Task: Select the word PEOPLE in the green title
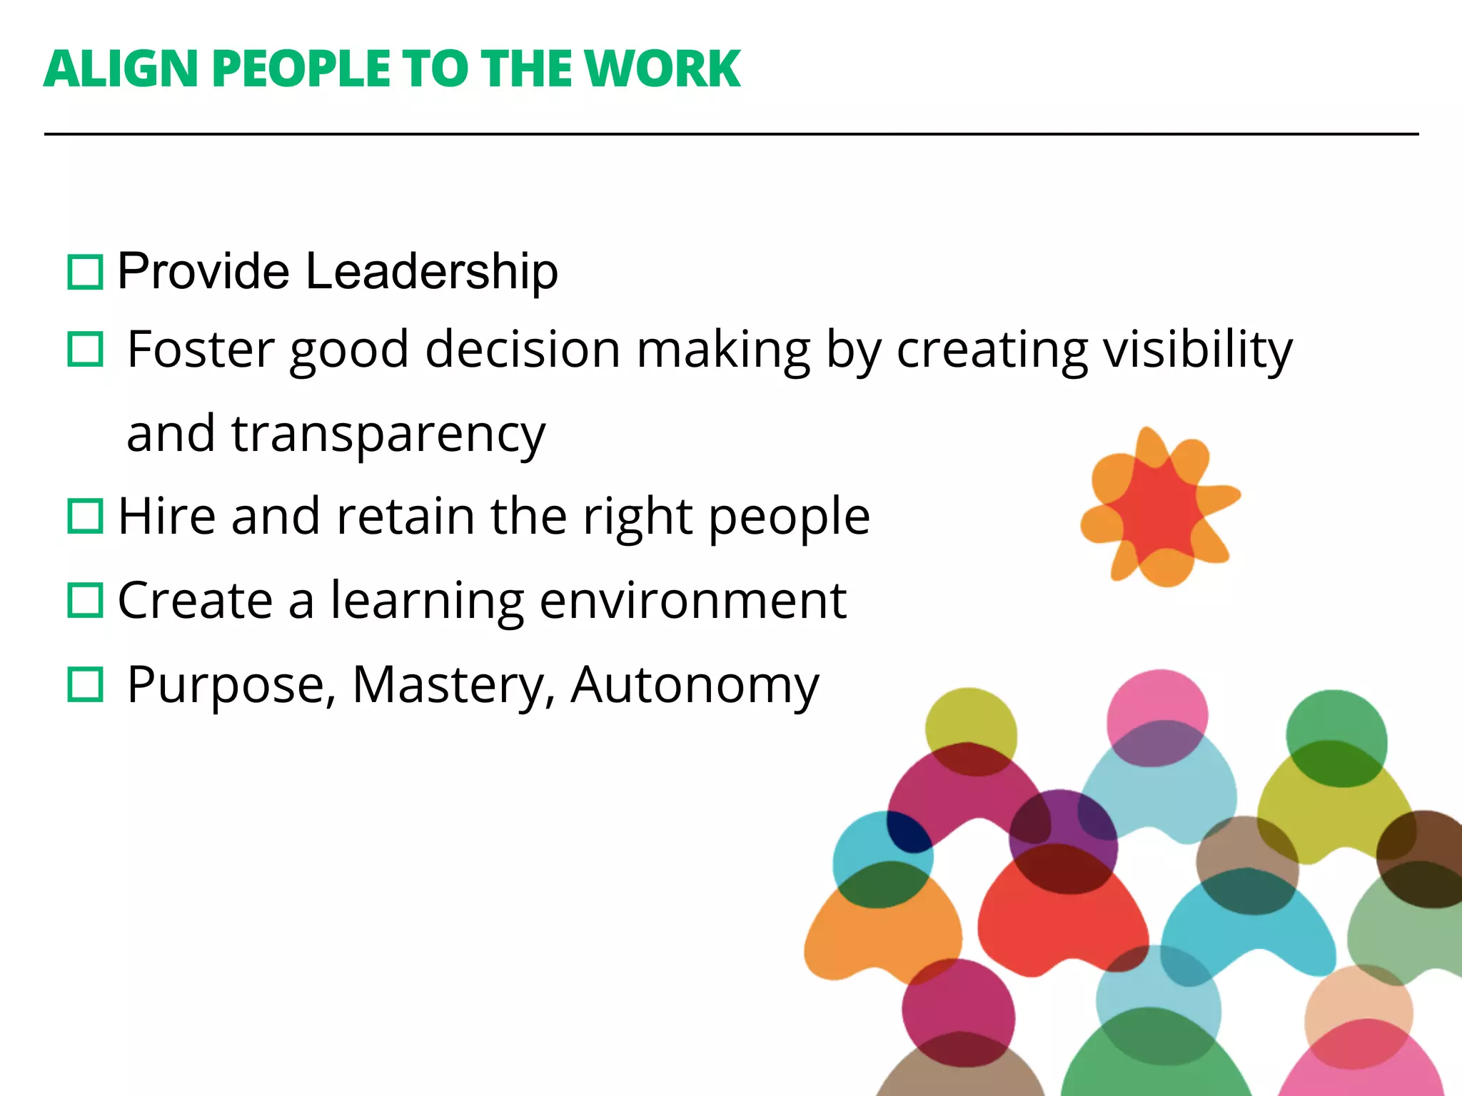click(x=301, y=70)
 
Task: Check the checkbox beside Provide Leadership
click(x=86, y=272)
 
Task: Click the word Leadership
click(x=431, y=272)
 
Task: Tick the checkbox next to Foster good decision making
click(x=86, y=350)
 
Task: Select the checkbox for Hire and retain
click(x=86, y=516)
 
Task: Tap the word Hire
click(x=166, y=516)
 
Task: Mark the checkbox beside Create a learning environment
click(x=86, y=600)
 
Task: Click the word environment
click(x=692, y=600)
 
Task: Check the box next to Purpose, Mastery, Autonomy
click(x=86, y=684)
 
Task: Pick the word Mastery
click(x=453, y=684)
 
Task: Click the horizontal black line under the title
click(x=731, y=133)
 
